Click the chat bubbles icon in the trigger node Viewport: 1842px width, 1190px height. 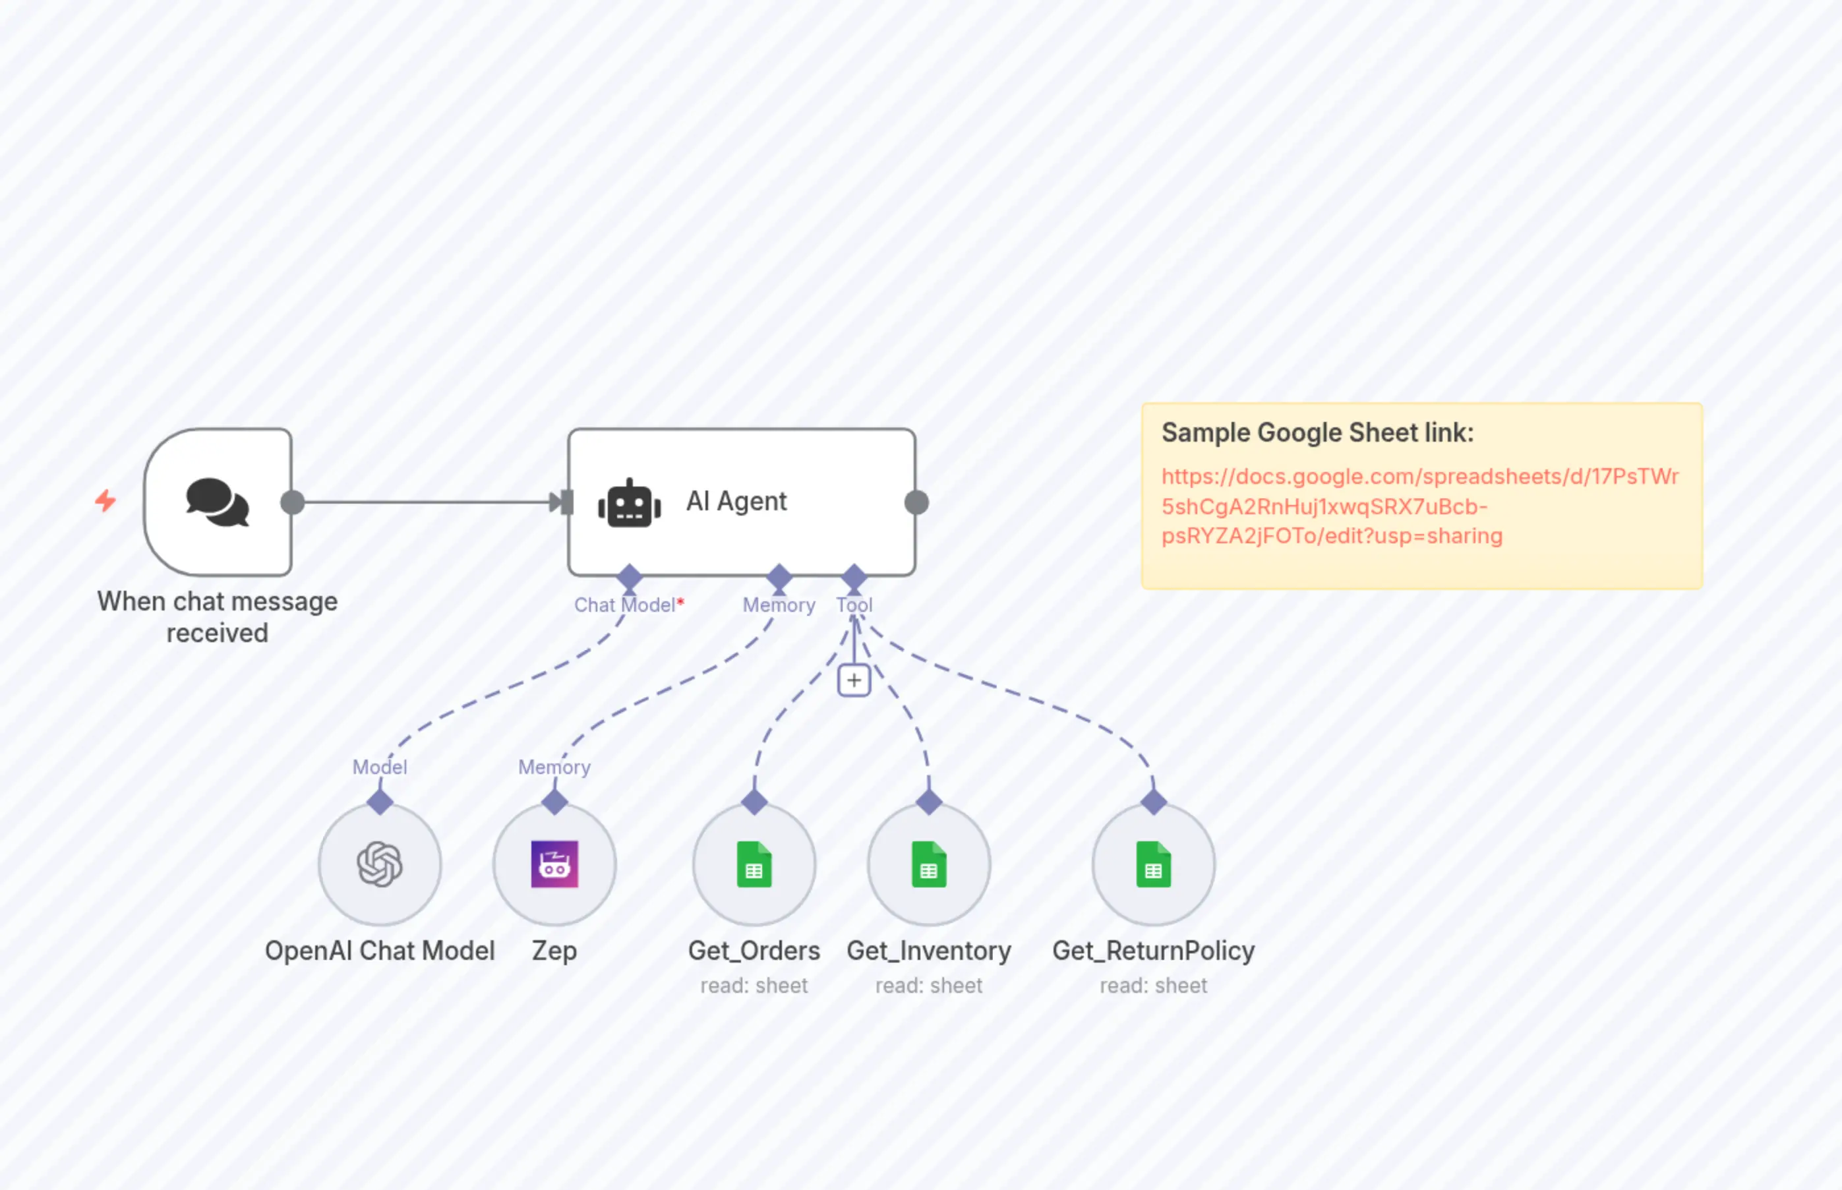tap(217, 502)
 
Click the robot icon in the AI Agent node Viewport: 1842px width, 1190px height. tap(629, 504)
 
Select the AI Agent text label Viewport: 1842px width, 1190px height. tap(736, 502)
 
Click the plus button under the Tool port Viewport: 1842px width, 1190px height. tap(854, 681)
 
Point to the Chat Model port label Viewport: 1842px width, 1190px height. tap(625, 605)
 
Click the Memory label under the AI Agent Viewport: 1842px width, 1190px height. tap(779, 605)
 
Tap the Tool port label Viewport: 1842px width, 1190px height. tap(854, 605)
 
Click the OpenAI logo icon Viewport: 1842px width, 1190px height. tap(379, 864)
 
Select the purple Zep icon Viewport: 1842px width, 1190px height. tap(554, 864)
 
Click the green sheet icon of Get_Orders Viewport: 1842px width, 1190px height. tap(754, 864)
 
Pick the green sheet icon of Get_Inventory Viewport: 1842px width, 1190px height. tap(929, 864)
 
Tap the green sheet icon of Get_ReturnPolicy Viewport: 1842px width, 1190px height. tap(1153, 864)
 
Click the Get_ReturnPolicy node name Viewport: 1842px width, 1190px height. tap(1153, 951)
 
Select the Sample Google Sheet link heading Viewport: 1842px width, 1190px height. tap(1317, 432)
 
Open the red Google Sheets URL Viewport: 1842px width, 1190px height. tap(1419, 506)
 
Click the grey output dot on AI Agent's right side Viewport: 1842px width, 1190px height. tap(916, 502)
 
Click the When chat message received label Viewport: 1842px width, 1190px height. tap(217, 616)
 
